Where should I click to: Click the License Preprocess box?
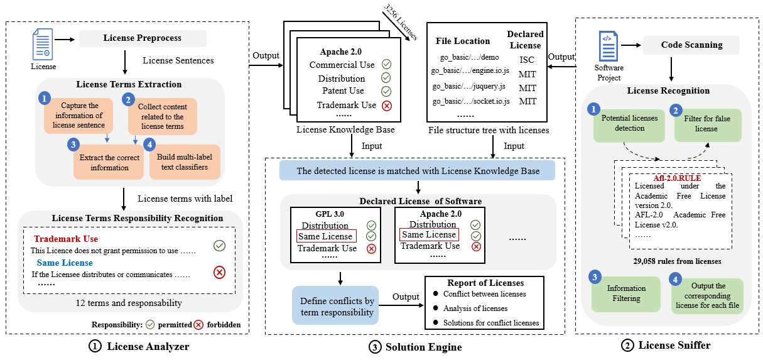click(142, 38)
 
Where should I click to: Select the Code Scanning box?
click(691, 45)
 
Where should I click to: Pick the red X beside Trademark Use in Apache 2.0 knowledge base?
click(386, 106)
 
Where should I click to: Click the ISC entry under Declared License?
click(527, 59)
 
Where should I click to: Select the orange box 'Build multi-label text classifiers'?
click(183, 162)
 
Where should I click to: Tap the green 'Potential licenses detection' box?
click(629, 123)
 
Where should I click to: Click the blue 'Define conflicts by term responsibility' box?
click(337, 307)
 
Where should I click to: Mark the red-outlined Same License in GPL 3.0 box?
click(326, 236)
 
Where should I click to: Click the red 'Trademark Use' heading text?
click(66, 239)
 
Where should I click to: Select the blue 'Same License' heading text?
click(65, 263)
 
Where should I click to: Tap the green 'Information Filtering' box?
click(626, 294)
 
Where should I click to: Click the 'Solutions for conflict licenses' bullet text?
click(490, 323)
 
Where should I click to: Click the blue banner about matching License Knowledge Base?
click(417, 170)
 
